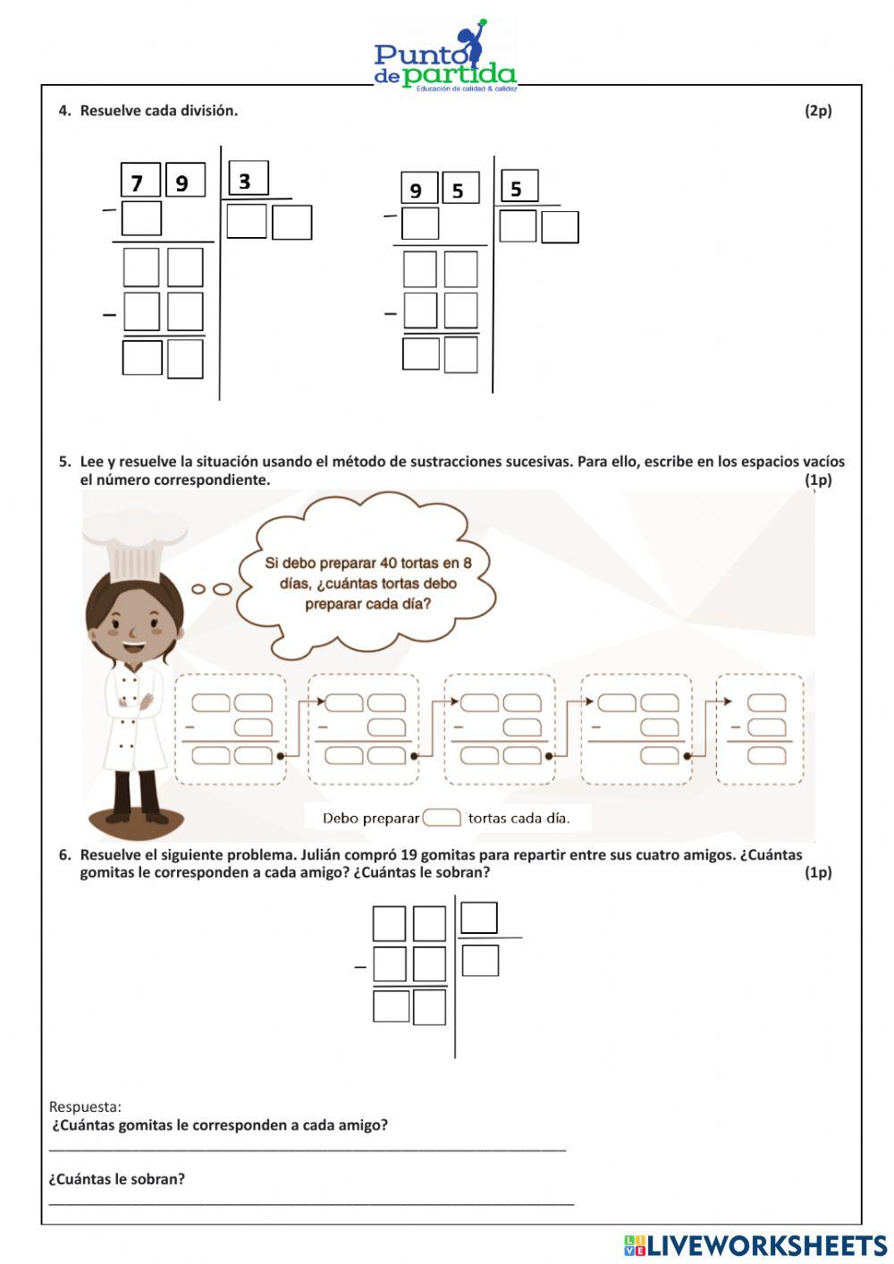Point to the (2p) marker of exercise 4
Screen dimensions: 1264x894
(x=817, y=111)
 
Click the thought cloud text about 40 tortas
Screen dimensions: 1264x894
(x=367, y=583)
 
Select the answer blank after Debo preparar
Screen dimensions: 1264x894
(x=441, y=818)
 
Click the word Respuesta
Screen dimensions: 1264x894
(x=85, y=1107)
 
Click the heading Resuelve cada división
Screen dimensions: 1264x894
(x=158, y=111)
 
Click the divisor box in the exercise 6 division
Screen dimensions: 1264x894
(x=478, y=918)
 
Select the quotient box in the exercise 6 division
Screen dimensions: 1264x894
(x=480, y=961)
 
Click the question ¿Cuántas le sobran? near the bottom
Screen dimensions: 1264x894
(x=117, y=1179)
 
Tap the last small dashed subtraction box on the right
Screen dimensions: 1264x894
(x=760, y=729)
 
